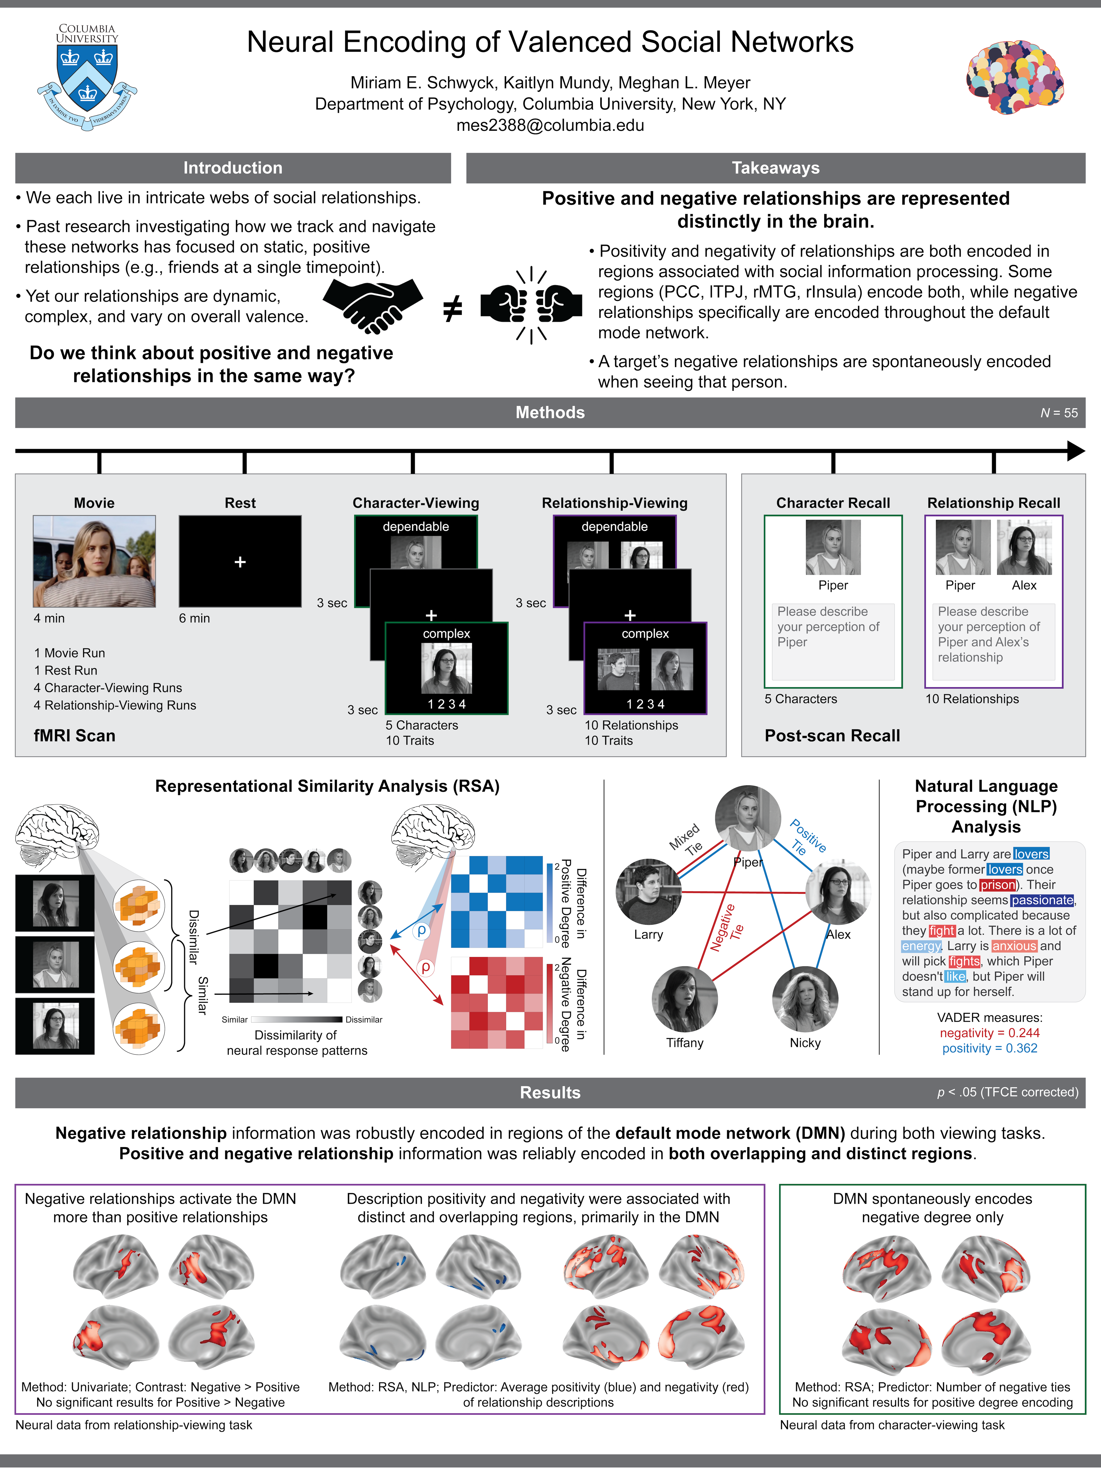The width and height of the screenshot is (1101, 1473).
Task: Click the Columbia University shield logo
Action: coord(87,77)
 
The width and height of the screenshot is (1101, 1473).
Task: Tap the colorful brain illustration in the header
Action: coord(1014,77)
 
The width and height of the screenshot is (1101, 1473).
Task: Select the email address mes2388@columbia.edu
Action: coord(550,125)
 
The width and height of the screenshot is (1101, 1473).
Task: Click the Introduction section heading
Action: coord(232,168)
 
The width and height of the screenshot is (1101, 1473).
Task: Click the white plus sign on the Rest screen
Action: coord(240,562)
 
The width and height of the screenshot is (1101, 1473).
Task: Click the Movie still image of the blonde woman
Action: coord(95,561)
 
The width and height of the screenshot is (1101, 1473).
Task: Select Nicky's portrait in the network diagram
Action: coord(805,999)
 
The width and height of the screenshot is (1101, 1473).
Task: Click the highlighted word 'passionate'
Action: coord(1042,900)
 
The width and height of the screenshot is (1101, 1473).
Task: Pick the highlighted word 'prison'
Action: coord(997,885)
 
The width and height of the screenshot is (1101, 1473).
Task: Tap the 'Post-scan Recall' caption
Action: coord(832,736)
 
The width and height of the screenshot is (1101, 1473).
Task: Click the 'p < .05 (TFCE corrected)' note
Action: coord(1007,1092)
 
